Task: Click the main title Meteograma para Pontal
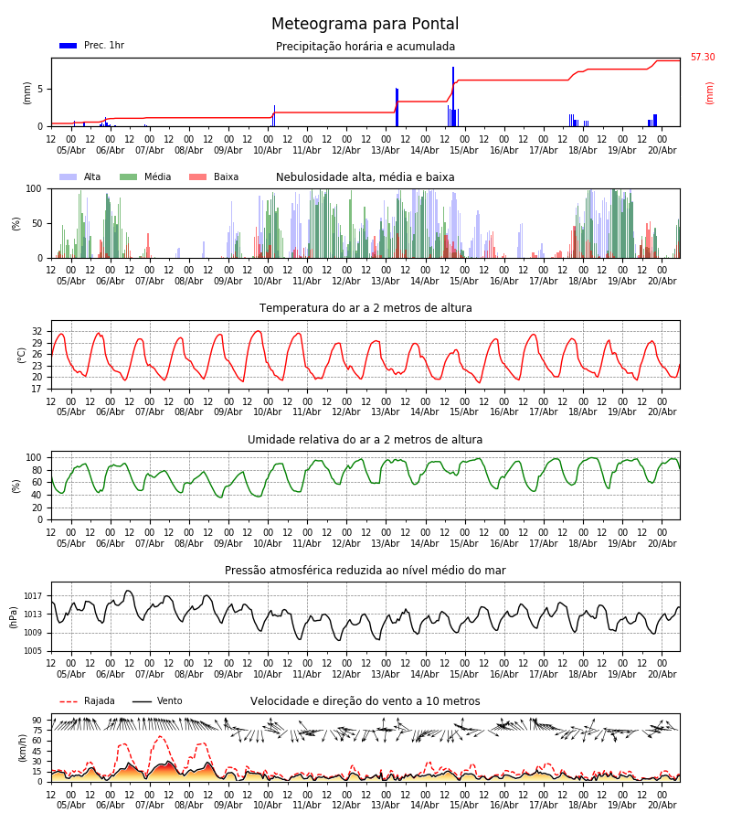coord(365,24)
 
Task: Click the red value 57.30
coord(703,57)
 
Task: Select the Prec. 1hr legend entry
coord(91,45)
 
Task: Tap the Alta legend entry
coord(80,176)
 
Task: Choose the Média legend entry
coord(145,176)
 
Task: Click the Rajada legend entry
coord(87,700)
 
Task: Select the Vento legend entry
coord(157,700)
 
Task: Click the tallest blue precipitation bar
coord(453,97)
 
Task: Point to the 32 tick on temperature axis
coord(37,332)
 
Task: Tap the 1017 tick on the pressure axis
coord(33,595)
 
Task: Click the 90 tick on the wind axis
coord(37,721)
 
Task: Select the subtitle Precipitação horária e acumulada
coord(365,47)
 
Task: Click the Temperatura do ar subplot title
coord(365,308)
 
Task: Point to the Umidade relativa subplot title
coord(365,439)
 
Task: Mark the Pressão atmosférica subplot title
coord(365,570)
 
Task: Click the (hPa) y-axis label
coord(14,617)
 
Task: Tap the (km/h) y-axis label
coord(22,748)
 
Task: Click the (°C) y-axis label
coord(22,356)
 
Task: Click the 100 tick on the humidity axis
coord(35,458)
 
